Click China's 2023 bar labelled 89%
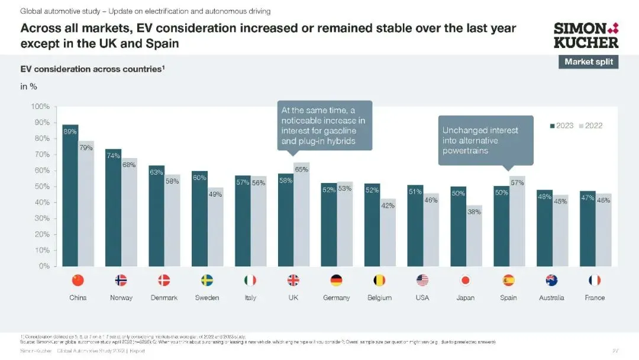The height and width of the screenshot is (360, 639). (70, 195)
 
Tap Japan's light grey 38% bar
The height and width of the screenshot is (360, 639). (474, 237)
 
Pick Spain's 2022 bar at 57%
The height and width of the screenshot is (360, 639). (517, 222)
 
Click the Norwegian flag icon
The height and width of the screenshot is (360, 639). (121, 281)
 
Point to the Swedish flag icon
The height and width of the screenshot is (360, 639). (207, 281)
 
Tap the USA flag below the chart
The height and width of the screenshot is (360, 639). (422, 281)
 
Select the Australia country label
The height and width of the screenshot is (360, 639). (551, 298)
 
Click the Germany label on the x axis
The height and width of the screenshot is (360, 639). (336, 298)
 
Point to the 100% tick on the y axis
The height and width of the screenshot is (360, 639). (40, 107)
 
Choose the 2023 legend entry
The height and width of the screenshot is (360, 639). (561, 126)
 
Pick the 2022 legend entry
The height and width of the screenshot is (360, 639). (590, 126)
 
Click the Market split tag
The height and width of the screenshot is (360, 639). (588, 62)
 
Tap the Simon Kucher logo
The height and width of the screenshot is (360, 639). (586, 35)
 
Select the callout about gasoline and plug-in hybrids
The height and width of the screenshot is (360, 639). (324, 126)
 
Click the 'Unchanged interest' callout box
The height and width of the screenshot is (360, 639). (485, 140)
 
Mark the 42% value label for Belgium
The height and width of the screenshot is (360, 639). (388, 205)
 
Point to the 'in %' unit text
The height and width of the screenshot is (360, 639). (29, 86)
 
